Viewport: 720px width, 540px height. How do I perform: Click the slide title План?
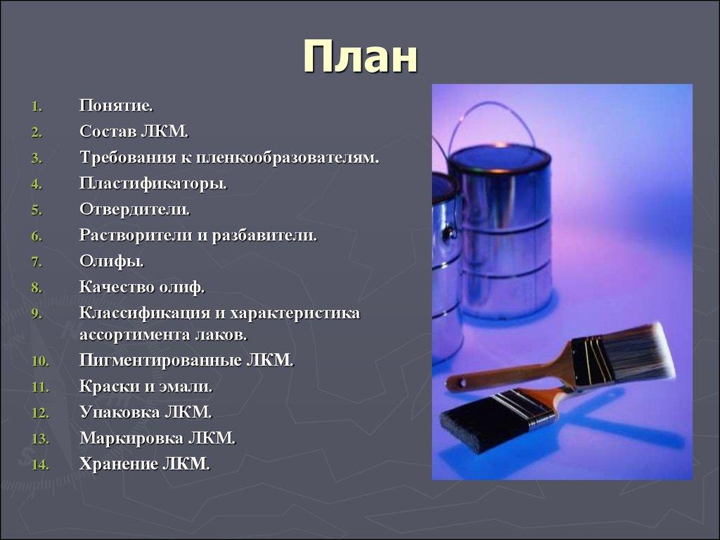360,57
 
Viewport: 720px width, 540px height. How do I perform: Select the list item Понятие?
116,106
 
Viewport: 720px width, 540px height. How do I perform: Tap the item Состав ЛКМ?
134,131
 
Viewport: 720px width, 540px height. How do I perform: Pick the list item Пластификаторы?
153,184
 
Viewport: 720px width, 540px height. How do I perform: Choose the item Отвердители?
134,210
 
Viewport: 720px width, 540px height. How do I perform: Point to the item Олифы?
111,262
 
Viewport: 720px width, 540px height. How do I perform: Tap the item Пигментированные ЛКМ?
186,361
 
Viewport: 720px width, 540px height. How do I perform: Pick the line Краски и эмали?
146,386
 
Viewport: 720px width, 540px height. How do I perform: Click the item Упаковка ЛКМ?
146,412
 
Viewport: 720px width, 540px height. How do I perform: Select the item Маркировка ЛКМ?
157,438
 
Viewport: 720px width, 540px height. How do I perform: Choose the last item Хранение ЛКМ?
144,463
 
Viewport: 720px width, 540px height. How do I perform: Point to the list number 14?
39,465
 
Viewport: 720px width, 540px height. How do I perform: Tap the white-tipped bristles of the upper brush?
647,352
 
